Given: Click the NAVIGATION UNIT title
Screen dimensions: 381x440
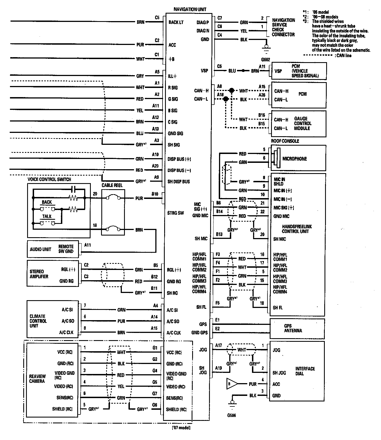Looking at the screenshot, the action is (190, 9).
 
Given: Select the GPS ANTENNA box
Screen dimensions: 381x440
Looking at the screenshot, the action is (297, 328).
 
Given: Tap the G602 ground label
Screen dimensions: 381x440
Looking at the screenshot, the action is (265, 59).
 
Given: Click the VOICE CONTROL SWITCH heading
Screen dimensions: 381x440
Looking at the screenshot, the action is (49, 179).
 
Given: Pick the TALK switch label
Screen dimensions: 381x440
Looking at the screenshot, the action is (47, 216).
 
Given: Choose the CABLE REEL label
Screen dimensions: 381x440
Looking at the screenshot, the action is (112, 185).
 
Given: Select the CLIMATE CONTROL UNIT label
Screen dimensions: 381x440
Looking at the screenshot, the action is (38, 321).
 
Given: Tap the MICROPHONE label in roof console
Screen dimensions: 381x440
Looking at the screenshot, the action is (295, 159).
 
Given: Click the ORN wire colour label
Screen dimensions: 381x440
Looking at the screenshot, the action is (121, 310).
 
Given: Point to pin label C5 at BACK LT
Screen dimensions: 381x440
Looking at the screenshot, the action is (157, 18).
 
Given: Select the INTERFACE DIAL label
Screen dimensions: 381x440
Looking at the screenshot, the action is (305, 371).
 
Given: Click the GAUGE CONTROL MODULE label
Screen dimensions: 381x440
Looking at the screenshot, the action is (302, 123).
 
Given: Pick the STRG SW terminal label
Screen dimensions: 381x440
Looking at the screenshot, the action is (176, 213).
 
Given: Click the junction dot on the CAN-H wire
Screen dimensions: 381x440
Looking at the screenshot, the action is (231, 91).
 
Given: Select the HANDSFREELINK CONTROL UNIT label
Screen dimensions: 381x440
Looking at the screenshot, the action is (295, 229).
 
